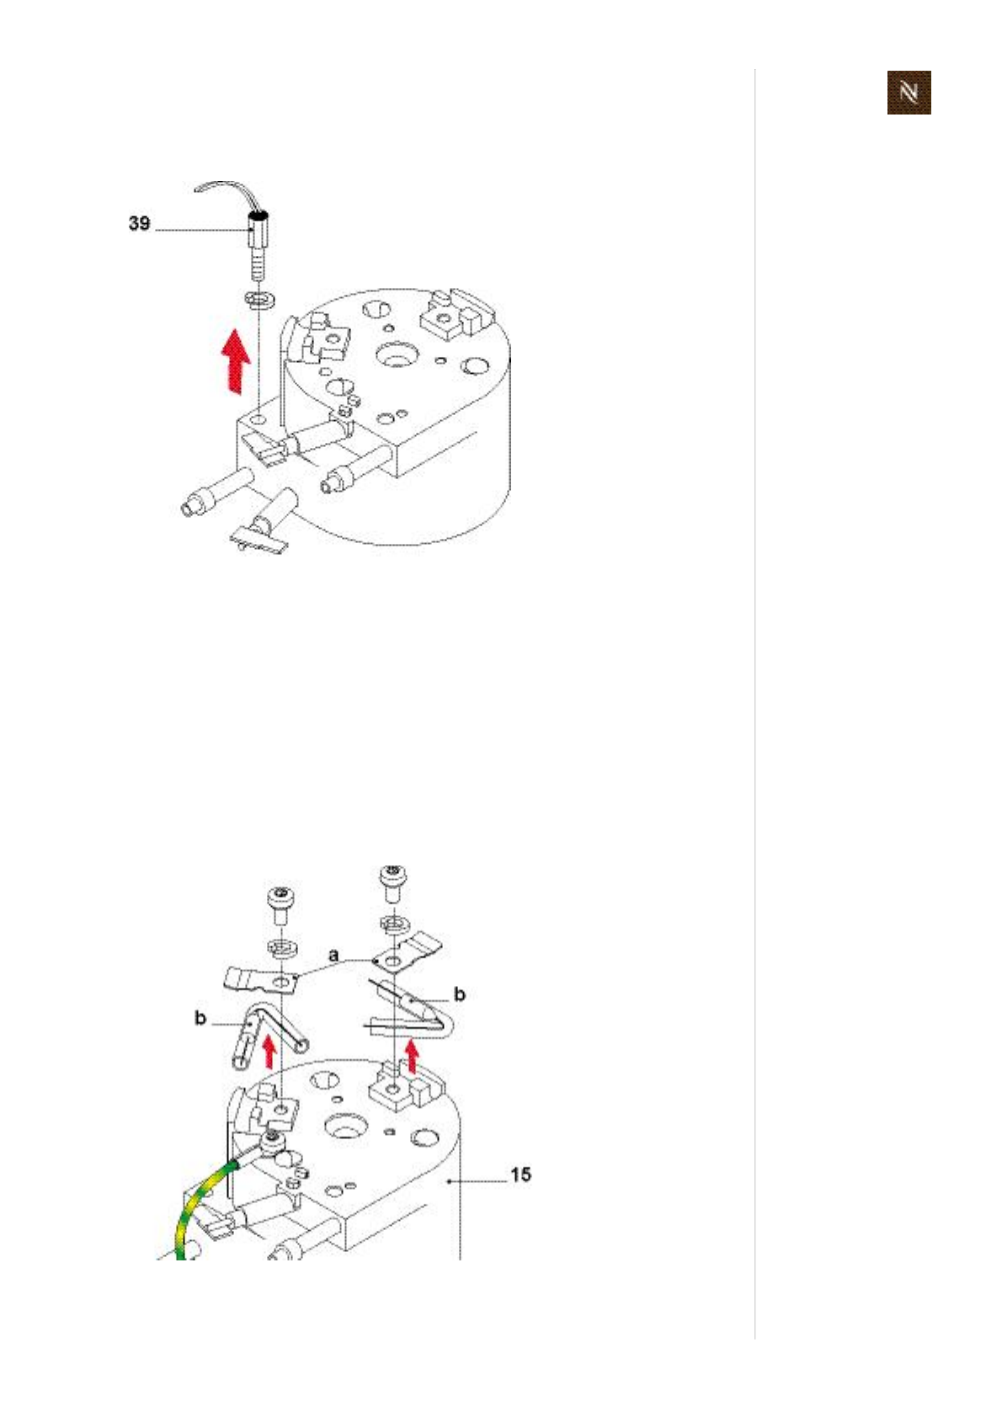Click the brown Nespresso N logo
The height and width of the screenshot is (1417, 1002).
(x=909, y=92)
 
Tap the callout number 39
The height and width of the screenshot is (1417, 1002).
(x=139, y=223)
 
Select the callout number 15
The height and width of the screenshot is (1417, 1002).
(x=520, y=1174)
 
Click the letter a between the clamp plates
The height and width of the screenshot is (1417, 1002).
(x=334, y=956)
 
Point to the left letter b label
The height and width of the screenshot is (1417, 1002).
(x=200, y=1018)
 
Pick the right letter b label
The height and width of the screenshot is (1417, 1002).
(x=460, y=994)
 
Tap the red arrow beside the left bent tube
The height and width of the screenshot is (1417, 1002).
(x=269, y=1051)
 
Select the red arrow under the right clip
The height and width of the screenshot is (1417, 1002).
(x=411, y=1055)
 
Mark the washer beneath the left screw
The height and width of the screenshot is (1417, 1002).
(x=280, y=947)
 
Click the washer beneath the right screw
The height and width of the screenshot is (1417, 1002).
(x=390, y=923)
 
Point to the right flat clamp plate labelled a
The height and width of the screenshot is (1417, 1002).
(x=408, y=952)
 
